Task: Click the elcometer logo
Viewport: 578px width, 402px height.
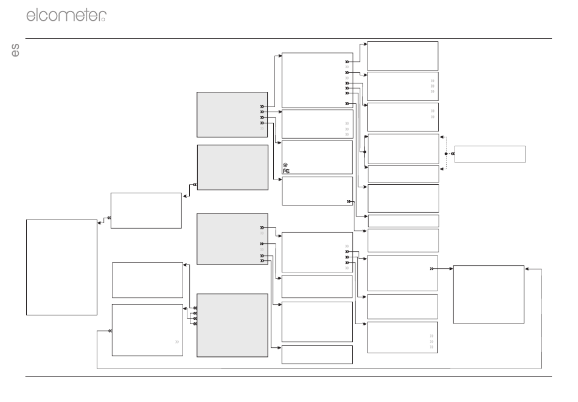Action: (66, 15)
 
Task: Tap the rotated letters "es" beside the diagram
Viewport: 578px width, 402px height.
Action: (15, 50)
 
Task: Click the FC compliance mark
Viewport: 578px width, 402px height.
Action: (287, 171)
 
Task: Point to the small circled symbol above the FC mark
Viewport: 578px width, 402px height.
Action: (285, 165)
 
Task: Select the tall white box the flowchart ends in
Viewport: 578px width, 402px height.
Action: (61, 268)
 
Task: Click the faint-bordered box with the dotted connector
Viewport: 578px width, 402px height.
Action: (490, 154)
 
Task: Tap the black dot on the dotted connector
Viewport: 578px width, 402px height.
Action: (446, 154)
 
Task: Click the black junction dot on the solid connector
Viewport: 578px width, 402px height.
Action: (364, 152)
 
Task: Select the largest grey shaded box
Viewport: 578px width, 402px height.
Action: (232, 325)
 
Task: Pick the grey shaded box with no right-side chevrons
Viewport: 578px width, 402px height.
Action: (232, 168)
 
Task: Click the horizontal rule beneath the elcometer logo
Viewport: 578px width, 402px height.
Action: (288, 38)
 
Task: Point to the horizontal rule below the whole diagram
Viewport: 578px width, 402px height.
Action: (288, 376)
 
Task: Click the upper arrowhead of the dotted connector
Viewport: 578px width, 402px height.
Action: (442, 137)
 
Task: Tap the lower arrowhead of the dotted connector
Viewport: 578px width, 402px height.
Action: (442, 168)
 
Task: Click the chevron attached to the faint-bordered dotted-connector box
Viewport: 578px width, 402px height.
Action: (453, 154)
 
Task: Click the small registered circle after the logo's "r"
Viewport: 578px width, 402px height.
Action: (103, 19)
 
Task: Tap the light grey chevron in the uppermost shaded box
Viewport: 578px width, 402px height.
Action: (262, 128)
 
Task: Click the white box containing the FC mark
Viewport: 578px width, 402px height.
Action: (318, 158)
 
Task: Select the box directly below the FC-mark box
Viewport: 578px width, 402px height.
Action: (318, 191)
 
